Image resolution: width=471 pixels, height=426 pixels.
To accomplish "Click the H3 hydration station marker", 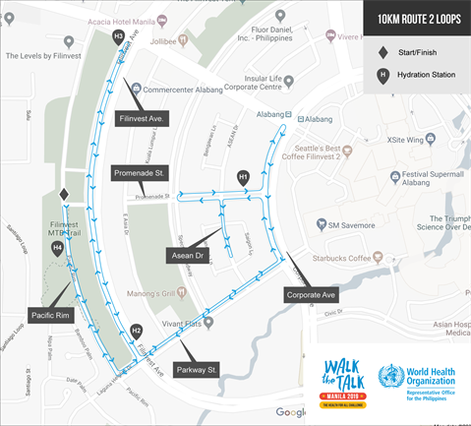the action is coord(119,36).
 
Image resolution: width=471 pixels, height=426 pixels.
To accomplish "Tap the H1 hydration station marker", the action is coord(244,177).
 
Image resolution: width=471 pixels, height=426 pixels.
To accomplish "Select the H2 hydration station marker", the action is coord(137,331).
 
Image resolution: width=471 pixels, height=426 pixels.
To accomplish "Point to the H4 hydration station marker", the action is coord(58,249).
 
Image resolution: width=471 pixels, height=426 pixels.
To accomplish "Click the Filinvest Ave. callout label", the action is coord(144,118).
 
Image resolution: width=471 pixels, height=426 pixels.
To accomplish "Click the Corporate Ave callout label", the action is coord(311,294).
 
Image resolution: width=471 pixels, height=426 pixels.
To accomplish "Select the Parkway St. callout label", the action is coord(200,370).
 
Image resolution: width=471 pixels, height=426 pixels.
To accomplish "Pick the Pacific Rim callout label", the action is coord(49,315).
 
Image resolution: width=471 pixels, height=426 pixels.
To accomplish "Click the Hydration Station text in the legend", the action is coord(424,74).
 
